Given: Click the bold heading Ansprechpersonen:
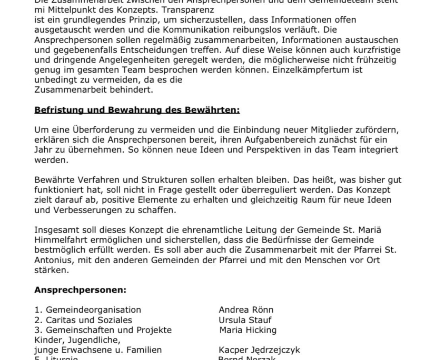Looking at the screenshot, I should (80, 289).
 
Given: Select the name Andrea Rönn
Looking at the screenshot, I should (246, 309).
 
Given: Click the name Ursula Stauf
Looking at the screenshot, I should (245, 319).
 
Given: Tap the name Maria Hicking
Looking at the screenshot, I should (248, 330).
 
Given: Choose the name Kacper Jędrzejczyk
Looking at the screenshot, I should (259, 350).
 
